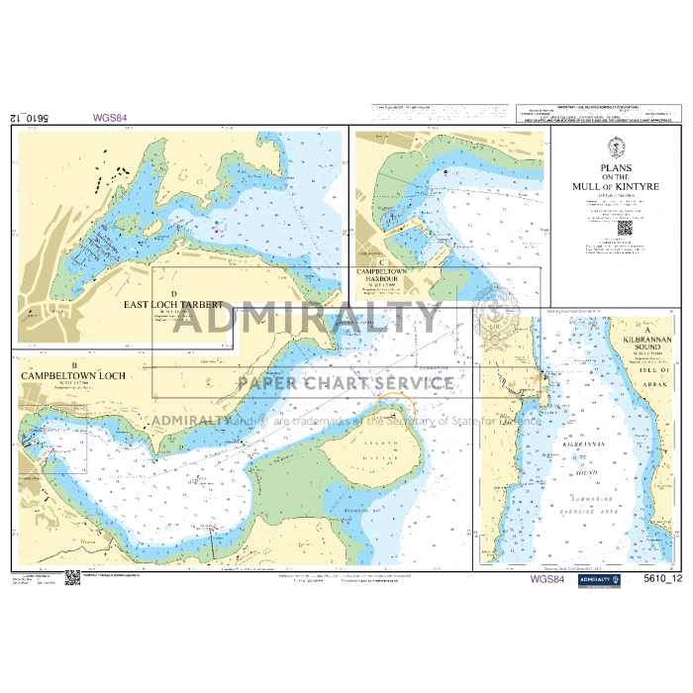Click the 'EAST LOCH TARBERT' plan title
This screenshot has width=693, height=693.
tap(174, 304)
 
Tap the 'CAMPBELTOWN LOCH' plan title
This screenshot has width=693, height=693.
tap(68, 376)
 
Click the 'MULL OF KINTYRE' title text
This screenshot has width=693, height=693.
tap(614, 185)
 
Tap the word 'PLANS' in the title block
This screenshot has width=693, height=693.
tap(615, 168)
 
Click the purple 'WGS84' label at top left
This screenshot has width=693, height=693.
tap(110, 117)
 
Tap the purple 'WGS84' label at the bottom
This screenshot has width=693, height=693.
tap(546, 579)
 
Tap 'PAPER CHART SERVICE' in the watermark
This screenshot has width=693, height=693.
tap(346, 383)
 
